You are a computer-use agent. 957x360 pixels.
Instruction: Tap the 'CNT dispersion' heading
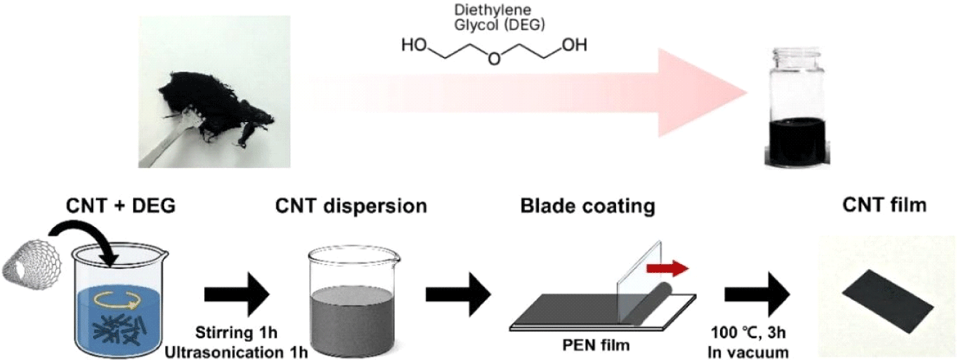tap(351, 206)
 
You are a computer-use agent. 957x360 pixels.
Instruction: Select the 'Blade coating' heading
tap(588, 206)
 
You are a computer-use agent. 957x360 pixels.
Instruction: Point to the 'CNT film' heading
tap(884, 206)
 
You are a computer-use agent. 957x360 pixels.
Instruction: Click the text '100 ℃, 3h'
tap(756, 336)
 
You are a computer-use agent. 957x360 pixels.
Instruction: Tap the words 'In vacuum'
tap(756, 353)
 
